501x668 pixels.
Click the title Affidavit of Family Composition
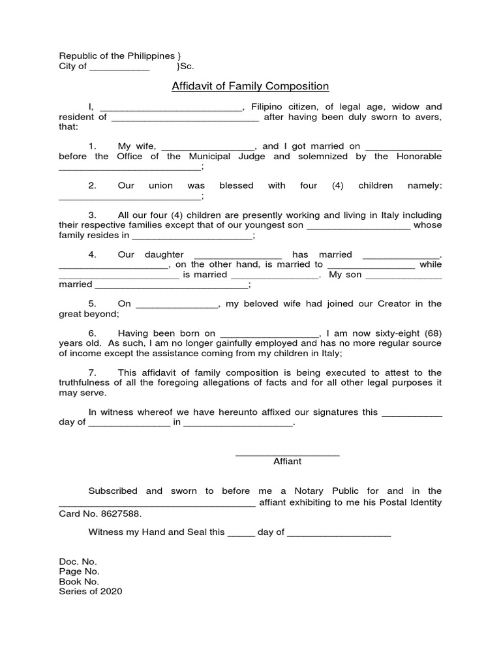click(x=250, y=86)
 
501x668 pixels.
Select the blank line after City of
click(x=119, y=67)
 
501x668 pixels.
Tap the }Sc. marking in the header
click(x=185, y=67)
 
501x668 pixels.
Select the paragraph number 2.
click(x=93, y=186)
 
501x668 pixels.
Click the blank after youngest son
click(x=358, y=226)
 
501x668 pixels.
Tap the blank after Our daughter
click(x=238, y=255)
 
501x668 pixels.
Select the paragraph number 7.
click(x=93, y=373)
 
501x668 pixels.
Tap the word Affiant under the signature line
click(x=287, y=461)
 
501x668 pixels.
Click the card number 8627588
click(x=121, y=513)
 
